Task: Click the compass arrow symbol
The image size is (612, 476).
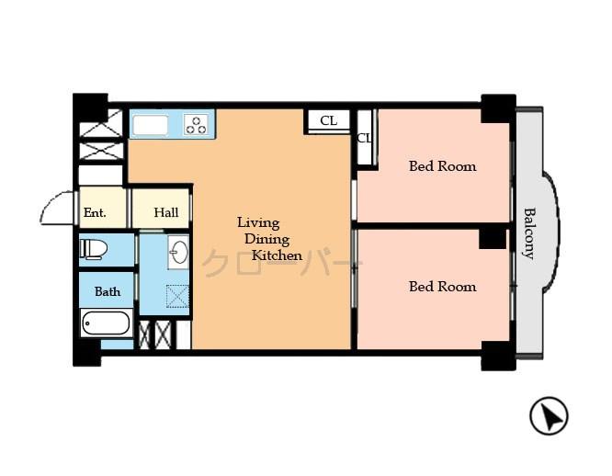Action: (549, 417)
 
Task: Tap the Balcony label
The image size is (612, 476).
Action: (529, 233)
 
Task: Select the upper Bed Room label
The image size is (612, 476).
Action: (442, 166)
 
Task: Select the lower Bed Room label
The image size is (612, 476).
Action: (442, 287)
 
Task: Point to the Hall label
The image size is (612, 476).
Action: (166, 212)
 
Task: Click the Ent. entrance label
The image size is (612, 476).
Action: (95, 212)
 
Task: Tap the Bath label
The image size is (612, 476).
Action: (108, 291)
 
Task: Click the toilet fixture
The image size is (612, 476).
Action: (94, 248)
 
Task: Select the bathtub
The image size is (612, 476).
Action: (106, 323)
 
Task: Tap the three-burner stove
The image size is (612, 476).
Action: (196, 123)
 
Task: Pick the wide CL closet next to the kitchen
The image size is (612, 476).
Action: (328, 120)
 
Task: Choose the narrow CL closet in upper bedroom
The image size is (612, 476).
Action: (364, 139)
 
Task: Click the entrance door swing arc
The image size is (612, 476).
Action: (57, 207)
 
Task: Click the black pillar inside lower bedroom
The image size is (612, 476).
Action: (493, 238)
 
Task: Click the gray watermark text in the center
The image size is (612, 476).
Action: (276, 265)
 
